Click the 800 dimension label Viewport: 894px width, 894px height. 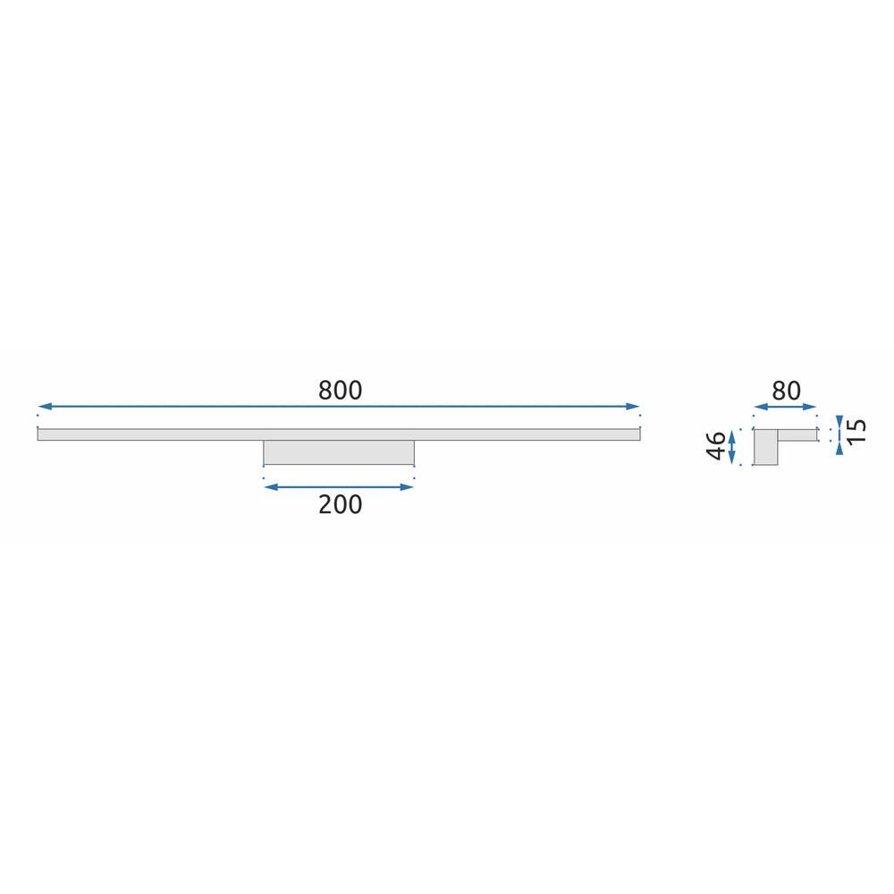coord(340,391)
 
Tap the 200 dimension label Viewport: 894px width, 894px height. coord(340,505)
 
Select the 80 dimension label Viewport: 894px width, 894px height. coord(786,391)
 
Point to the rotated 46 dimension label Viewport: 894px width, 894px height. coord(715,446)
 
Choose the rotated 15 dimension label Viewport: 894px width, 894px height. coord(857,434)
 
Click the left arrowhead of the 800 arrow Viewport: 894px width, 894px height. coord(42,407)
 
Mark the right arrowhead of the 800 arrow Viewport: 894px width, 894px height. coord(637,407)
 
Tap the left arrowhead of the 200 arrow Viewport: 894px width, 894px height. coord(269,487)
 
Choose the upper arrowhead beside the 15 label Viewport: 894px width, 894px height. coord(839,420)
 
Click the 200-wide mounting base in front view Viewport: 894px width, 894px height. coord(339,452)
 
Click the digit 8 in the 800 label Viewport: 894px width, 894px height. coord(325,391)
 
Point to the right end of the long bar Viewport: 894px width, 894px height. coord(638,434)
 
